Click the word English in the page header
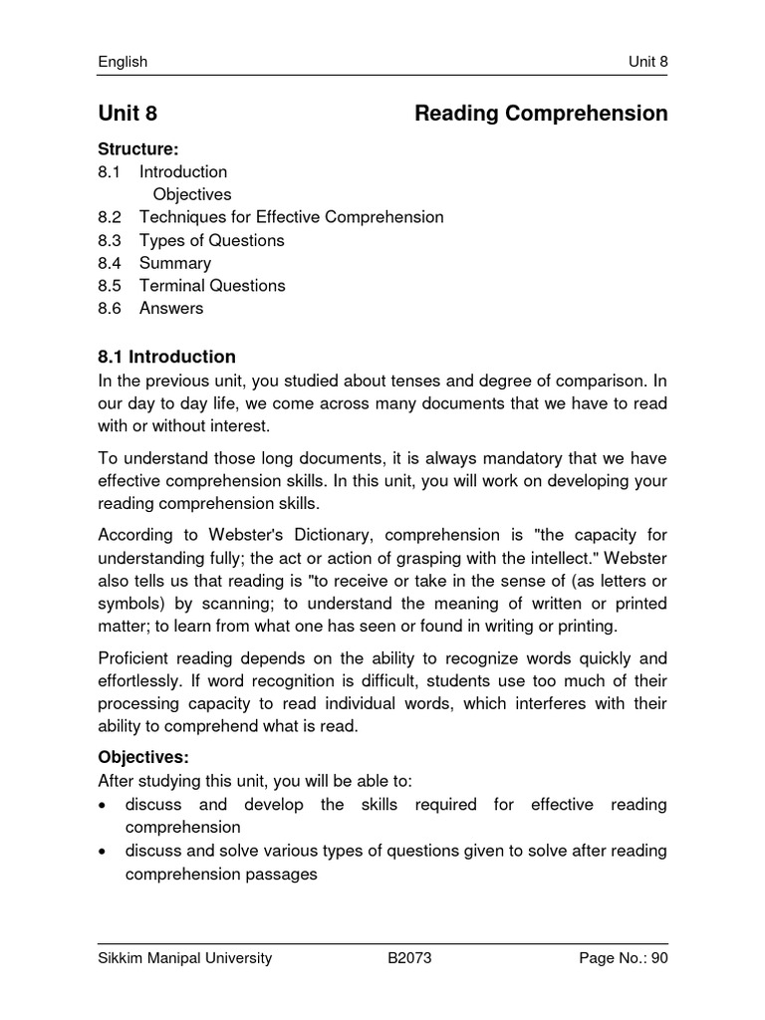(123, 62)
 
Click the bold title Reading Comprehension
(541, 114)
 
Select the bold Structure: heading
(137, 149)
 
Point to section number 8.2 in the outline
(109, 217)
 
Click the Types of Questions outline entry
(211, 240)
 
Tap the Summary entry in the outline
(174, 263)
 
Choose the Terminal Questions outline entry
(211, 286)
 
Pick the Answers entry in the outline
(170, 309)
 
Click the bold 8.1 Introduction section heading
(166, 357)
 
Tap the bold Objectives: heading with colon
(142, 757)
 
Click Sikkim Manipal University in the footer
(184, 958)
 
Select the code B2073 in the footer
(409, 958)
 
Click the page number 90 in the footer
(657, 958)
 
